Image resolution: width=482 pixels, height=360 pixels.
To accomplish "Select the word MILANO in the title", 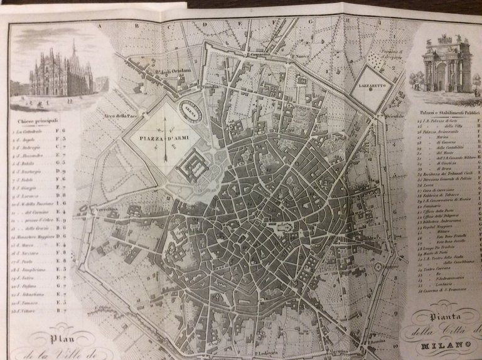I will tap(449, 346).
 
